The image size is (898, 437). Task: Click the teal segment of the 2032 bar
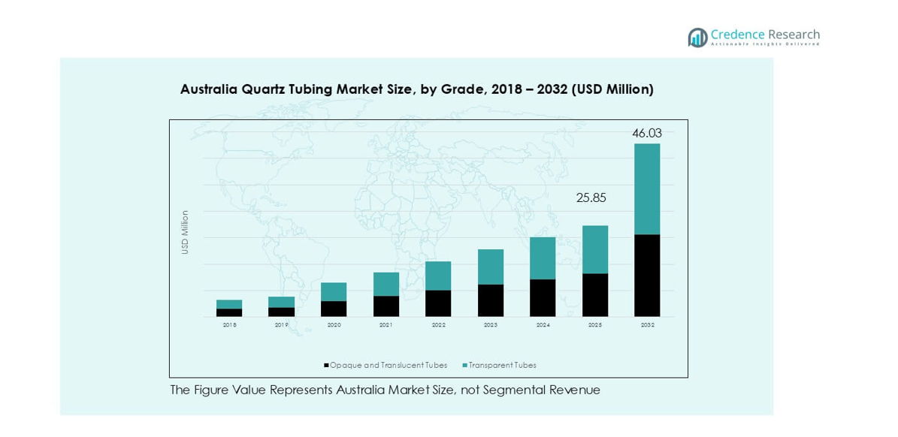point(647,189)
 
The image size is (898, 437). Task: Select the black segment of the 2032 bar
point(647,276)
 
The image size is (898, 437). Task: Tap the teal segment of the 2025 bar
point(595,249)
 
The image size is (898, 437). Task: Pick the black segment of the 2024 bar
point(543,297)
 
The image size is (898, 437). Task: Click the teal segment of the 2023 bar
point(491,267)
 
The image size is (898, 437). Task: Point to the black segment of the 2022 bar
point(438,303)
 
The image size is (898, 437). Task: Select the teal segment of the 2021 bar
point(386,284)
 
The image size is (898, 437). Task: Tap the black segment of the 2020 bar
point(334,309)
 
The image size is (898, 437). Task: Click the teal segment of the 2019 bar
point(282,302)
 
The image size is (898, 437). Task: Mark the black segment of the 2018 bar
point(229,312)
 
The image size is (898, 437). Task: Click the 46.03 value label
point(647,133)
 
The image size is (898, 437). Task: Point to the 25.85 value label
point(591,198)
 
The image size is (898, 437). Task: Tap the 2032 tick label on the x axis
point(647,325)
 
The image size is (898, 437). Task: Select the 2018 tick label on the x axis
point(229,325)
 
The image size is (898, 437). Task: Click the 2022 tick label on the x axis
point(438,325)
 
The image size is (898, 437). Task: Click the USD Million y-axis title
point(185,232)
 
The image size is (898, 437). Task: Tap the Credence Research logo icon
point(697,37)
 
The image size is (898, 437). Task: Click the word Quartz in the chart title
point(265,89)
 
